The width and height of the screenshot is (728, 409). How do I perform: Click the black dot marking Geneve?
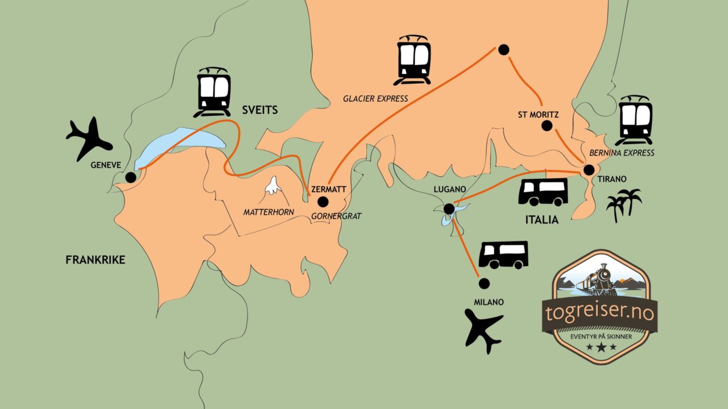point(131,177)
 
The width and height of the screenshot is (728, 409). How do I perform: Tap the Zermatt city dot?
point(322,202)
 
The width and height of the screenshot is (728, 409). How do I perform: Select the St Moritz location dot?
point(547,126)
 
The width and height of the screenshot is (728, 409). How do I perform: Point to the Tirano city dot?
point(589,170)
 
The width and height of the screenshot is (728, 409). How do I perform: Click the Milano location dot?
point(484,283)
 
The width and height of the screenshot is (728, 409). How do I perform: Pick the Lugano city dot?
point(449,208)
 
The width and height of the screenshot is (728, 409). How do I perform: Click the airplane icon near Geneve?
point(89,139)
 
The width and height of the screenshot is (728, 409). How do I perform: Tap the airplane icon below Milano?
point(483,331)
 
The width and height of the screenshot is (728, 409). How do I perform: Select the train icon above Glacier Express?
point(412,60)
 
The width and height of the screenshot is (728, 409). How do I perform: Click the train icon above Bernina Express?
point(634,120)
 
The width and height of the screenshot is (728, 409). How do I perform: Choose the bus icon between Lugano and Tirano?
point(543,192)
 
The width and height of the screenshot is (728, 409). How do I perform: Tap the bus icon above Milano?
point(503,255)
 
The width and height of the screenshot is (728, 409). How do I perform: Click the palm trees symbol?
point(624,205)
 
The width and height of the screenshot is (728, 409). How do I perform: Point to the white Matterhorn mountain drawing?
point(273,185)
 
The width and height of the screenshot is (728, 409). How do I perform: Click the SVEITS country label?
point(260,110)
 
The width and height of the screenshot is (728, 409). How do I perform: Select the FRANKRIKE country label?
point(96,260)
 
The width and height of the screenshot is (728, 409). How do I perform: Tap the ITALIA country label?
point(542,220)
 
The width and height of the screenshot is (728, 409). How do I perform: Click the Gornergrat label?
point(336,216)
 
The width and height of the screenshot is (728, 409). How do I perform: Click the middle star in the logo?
point(601,347)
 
